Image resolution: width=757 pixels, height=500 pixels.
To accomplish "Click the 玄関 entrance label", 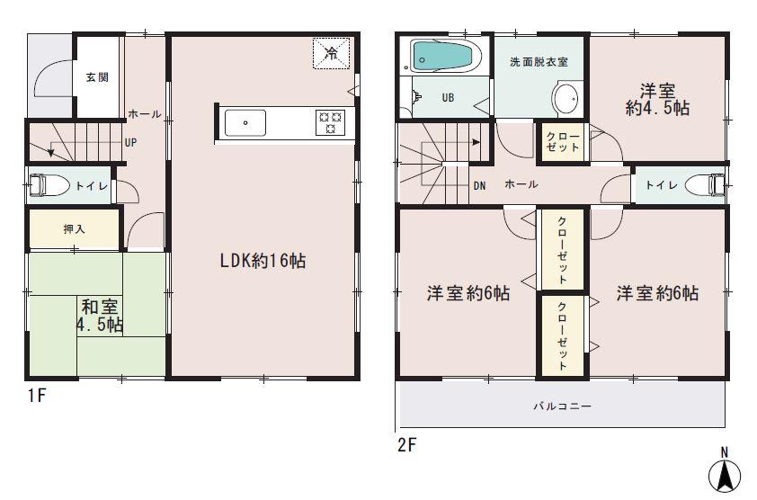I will [97, 77].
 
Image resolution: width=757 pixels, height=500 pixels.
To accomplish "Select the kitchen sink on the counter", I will [244, 122].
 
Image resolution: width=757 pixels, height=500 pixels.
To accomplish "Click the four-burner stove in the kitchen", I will [330, 122].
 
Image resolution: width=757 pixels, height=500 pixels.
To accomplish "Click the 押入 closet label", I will [74, 229].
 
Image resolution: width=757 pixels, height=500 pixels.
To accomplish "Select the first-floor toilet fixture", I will [49, 186].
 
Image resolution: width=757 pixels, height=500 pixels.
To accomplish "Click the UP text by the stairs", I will [130, 142].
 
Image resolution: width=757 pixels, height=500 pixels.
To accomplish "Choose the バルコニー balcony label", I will [562, 406].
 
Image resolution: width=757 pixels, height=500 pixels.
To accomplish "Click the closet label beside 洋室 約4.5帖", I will [563, 141].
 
